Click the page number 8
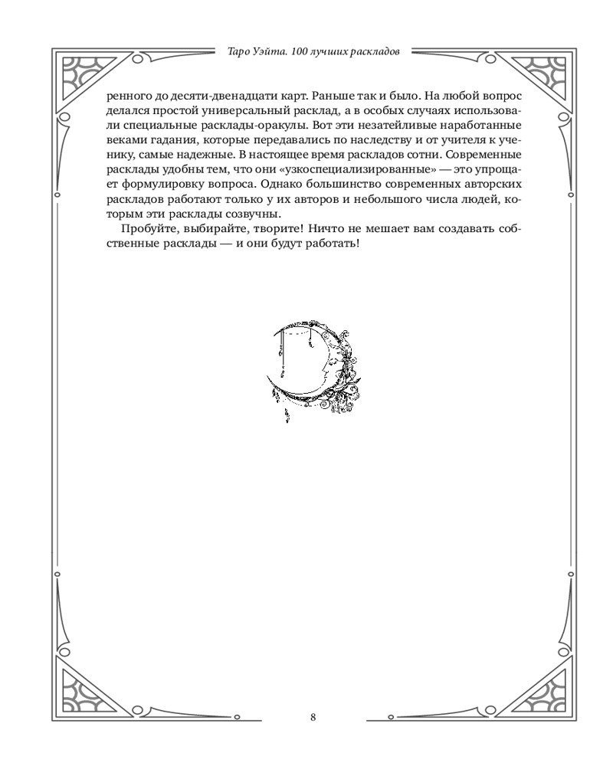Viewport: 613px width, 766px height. tap(313, 718)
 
